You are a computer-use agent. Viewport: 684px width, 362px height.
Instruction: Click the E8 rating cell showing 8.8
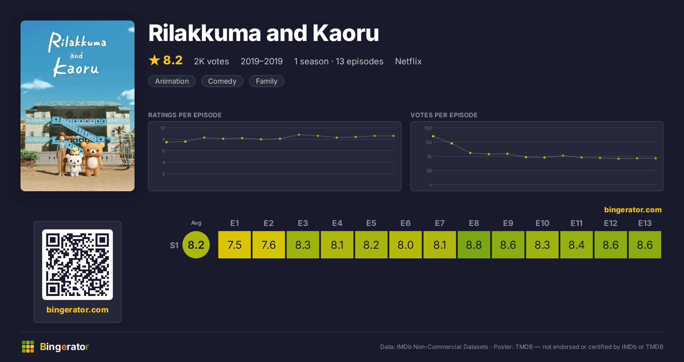(474, 245)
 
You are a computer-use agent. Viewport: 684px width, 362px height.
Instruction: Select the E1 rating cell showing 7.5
(234, 245)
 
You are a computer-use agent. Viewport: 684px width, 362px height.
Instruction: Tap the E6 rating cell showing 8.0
(405, 245)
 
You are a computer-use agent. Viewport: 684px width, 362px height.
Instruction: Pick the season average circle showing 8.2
(196, 245)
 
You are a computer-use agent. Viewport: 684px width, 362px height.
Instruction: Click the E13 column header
(645, 223)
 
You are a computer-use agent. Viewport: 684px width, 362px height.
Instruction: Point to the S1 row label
(174, 245)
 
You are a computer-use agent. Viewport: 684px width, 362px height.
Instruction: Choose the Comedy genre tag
(222, 81)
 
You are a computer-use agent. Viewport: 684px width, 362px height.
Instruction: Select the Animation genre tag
(172, 81)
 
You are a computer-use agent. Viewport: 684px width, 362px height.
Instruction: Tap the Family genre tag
(267, 81)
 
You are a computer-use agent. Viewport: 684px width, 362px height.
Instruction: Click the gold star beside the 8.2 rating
(154, 60)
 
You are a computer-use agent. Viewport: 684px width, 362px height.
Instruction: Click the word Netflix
(408, 61)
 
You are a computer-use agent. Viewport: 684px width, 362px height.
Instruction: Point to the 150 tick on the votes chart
(428, 128)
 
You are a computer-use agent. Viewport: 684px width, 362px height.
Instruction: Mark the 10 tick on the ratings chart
(162, 128)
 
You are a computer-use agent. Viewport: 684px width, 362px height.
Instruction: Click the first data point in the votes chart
(433, 136)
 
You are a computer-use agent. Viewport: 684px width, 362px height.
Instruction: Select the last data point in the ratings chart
(394, 136)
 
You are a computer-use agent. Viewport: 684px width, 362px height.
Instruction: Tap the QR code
(78, 265)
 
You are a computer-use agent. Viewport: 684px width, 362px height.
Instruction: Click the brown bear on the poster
(93, 159)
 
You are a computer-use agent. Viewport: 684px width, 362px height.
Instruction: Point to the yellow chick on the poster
(75, 151)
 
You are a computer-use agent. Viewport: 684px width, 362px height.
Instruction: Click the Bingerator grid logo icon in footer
(28, 347)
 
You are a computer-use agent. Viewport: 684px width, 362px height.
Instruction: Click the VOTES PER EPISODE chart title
(444, 115)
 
